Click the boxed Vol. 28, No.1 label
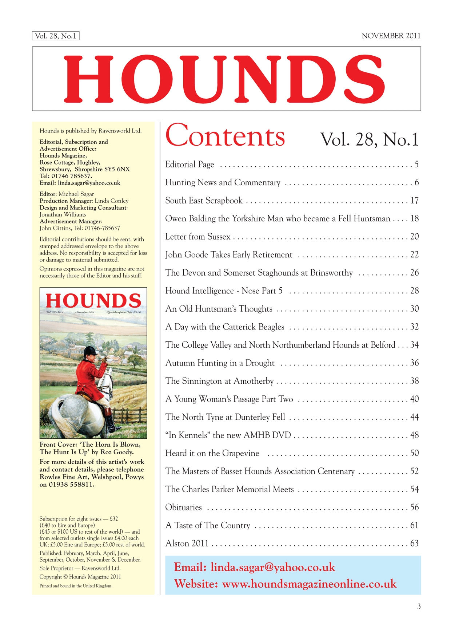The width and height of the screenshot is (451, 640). click(56, 36)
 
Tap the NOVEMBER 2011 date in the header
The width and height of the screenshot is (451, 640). click(391, 36)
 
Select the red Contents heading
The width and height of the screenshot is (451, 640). click(225, 136)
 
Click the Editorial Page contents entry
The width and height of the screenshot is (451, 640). click(189, 165)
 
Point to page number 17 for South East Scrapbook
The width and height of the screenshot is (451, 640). click(414, 201)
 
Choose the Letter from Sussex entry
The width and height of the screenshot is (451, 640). click(198, 237)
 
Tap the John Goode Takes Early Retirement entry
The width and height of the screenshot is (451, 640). click(229, 255)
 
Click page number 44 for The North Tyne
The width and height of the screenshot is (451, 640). click(414, 417)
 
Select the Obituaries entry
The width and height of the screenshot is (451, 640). click(183, 507)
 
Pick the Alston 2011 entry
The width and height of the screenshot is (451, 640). click(187, 544)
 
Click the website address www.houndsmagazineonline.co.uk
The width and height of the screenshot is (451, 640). click(309, 584)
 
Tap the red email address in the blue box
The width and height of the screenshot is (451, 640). click(273, 567)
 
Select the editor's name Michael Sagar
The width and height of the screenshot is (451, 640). click(76, 194)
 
